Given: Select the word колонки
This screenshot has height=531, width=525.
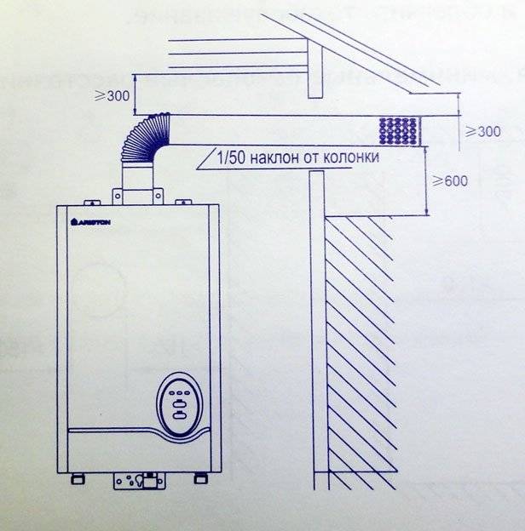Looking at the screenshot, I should click(349, 157).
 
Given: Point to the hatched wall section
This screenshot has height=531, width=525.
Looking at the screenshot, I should click(359, 340).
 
